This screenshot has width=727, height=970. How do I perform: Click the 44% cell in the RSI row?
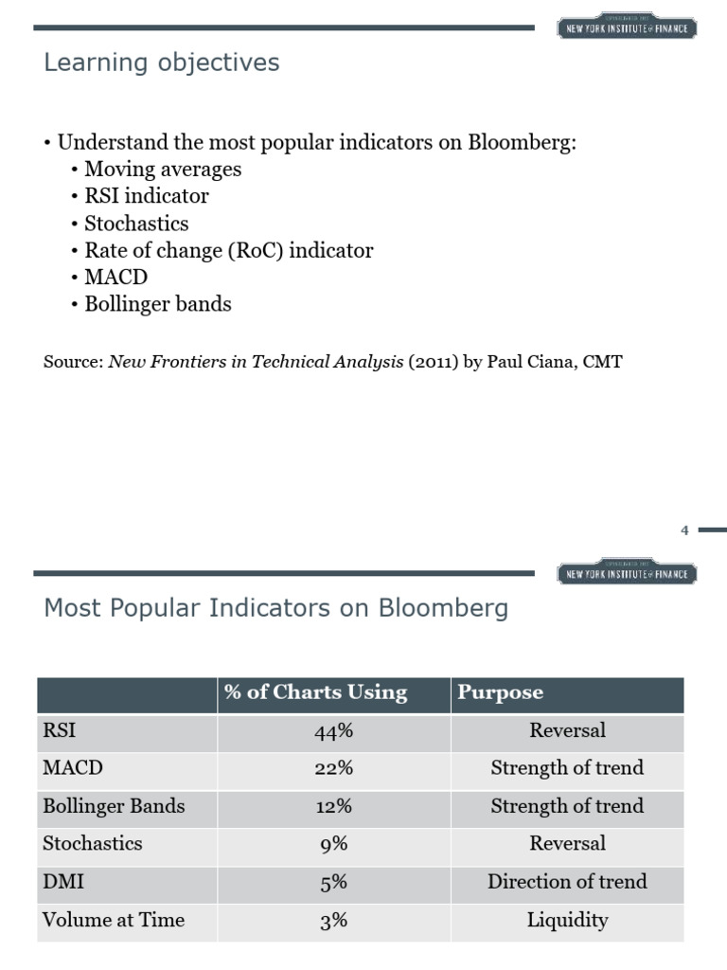[333, 731]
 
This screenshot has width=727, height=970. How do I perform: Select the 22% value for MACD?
[333, 768]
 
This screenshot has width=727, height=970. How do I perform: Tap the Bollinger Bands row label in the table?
[114, 806]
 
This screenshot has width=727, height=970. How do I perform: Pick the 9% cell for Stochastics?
[333, 844]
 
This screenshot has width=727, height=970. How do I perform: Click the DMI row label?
[63, 882]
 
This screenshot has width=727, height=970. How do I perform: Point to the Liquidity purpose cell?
[567, 920]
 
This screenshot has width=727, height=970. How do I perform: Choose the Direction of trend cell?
[567, 882]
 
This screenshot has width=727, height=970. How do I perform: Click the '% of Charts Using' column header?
[315, 692]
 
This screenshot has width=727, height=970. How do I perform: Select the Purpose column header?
[500, 692]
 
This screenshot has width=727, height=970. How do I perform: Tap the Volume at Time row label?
[114, 920]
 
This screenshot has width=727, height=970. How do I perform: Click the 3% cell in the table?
[333, 920]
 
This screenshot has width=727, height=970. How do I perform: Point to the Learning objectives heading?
[162, 63]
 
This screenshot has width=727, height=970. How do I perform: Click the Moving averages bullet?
[163, 170]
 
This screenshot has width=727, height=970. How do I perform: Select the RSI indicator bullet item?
[147, 196]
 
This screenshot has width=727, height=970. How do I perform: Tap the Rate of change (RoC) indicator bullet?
[229, 251]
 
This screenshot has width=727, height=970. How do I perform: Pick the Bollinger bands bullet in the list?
[158, 304]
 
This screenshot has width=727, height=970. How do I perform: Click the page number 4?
[684, 530]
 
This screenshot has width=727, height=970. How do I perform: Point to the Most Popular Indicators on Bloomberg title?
[275, 608]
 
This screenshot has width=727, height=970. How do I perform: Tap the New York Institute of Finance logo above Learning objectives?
[627, 27]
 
